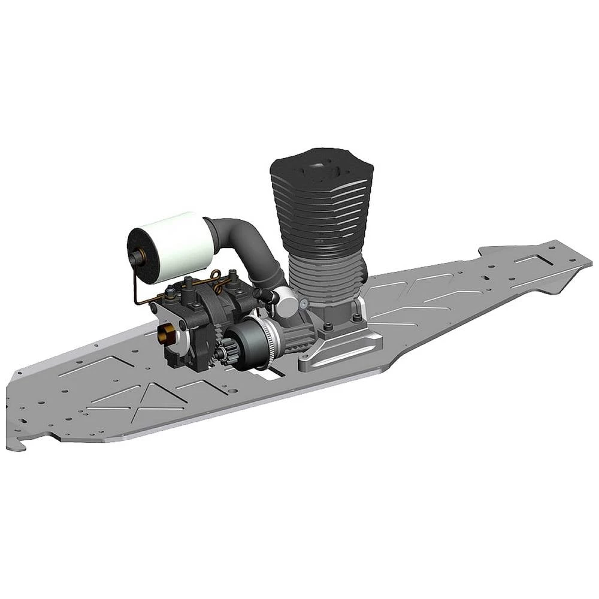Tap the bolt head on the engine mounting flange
click(357, 318)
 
